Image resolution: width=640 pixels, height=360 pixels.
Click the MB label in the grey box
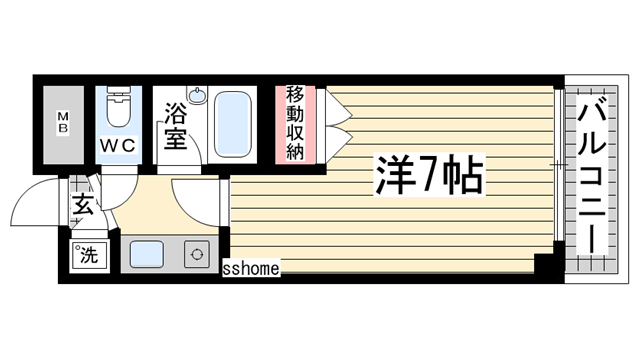[62, 124]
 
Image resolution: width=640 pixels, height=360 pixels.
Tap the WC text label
[116, 144]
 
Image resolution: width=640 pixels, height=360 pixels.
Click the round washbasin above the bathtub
[198, 97]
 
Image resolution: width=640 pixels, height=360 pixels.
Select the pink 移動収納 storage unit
[295, 124]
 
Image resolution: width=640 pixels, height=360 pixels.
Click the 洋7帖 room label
[429, 176]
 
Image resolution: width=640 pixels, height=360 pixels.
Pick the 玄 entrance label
[80, 207]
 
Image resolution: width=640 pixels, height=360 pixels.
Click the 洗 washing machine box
[88, 255]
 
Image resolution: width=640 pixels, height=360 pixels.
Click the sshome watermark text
[250, 267]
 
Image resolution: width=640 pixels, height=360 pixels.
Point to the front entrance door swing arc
[30, 205]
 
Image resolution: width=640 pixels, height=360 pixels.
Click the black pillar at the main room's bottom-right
[544, 266]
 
